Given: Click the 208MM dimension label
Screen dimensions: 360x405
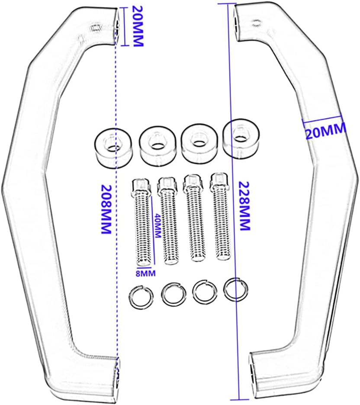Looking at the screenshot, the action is click(x=106, y=209).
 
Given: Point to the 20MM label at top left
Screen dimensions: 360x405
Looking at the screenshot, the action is click(x=138, y=26).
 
